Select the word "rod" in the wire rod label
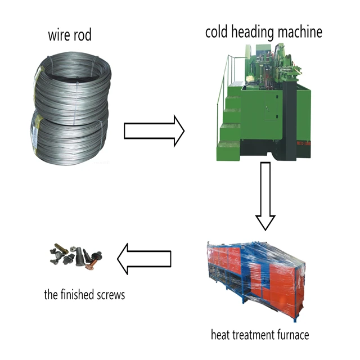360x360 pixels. tap(82, 36)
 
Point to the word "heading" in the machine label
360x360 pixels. tap(254, 32)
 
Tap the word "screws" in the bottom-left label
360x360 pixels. tap(111, 294)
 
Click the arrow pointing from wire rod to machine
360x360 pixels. tap(154, 130)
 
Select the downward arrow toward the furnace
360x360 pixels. tap(265, 196)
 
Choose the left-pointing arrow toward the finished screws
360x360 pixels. tap(143, 258)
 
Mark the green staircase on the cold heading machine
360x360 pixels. tap(229, 121)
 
